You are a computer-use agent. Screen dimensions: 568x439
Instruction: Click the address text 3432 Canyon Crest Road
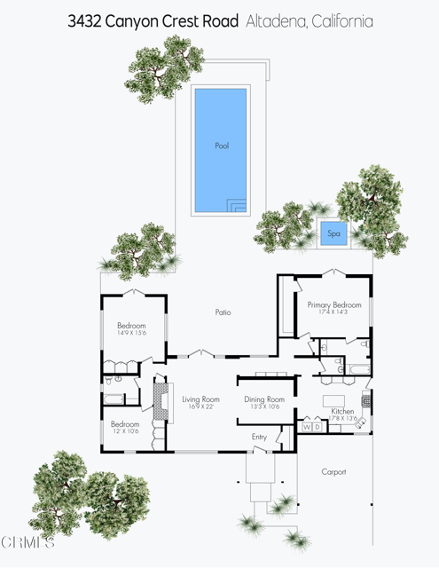(153, 21)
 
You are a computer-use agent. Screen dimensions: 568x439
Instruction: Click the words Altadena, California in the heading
(310, 21)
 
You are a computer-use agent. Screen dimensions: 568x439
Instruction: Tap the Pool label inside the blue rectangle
(222, 146)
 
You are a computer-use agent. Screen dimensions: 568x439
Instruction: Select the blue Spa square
(333, 234)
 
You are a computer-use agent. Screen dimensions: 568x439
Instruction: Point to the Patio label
(223, 312)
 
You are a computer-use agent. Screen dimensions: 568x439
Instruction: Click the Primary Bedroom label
(334, 304)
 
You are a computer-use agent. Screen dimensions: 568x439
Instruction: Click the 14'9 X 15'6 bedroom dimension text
(131, 334)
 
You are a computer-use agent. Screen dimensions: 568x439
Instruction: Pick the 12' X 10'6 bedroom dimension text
(125, 432)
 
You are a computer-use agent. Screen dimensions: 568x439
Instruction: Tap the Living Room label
(200, 399)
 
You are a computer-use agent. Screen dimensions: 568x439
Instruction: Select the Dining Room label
(264, 399)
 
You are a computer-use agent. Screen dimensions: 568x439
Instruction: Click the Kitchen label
(342, 413)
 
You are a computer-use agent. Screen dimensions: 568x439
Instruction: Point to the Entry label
(259, 437)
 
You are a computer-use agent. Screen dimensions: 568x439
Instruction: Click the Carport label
(333, 472)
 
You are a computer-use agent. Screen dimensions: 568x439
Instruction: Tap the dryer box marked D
(317, 428)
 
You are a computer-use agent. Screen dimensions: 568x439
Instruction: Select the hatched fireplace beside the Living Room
(161, 399)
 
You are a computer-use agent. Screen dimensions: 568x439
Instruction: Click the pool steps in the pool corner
(237, 206)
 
